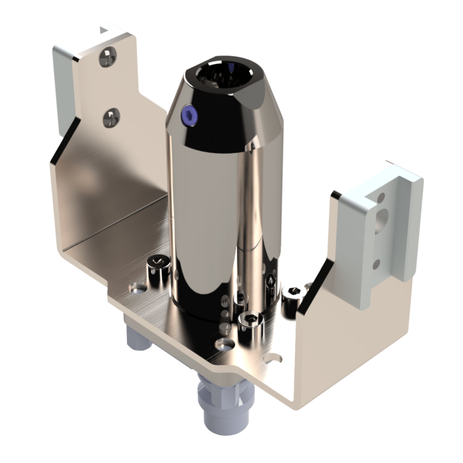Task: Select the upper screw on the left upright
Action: tap(106, 58)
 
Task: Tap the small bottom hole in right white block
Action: tap(376, 264)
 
